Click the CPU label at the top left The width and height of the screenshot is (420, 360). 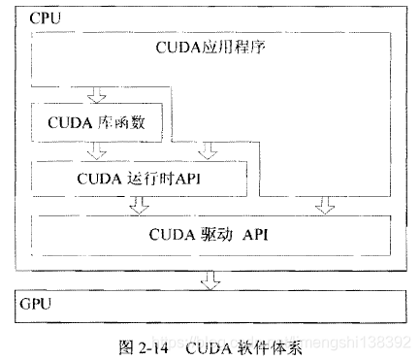point(44,18)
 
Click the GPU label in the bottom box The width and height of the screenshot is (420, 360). point(36,303)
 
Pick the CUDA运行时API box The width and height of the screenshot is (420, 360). point(140,178)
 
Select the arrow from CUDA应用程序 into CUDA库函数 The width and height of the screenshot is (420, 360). point(94,95)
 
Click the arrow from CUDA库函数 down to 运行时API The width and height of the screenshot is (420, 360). point(94,151)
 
